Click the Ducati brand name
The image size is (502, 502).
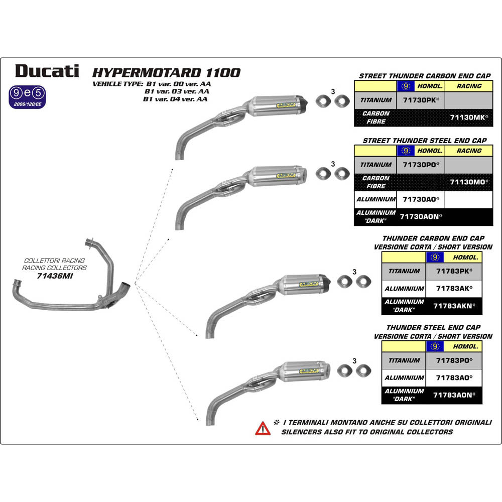[x=47, y=71]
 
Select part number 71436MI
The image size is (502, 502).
[x=55, y=276]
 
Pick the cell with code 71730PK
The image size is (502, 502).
[x=421, y=100]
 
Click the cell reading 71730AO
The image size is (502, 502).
[x=421, y=199]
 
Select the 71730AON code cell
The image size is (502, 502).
[x=421, y=216]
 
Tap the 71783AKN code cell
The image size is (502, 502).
[x=454, y=305]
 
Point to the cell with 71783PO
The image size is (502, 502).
[x=454, y=360]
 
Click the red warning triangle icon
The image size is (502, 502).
[x=263, y=428]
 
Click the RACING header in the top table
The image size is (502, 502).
[x=469, y=86]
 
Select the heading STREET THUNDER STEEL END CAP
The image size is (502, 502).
[x=424, y=141]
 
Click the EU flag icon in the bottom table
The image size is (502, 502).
[x=435, y=346]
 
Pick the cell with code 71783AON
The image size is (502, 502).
[x=454, y=395]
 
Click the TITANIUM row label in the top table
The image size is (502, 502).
[x=375, y=100]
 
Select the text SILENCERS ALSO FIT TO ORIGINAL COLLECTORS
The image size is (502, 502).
[x=366, y=432]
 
